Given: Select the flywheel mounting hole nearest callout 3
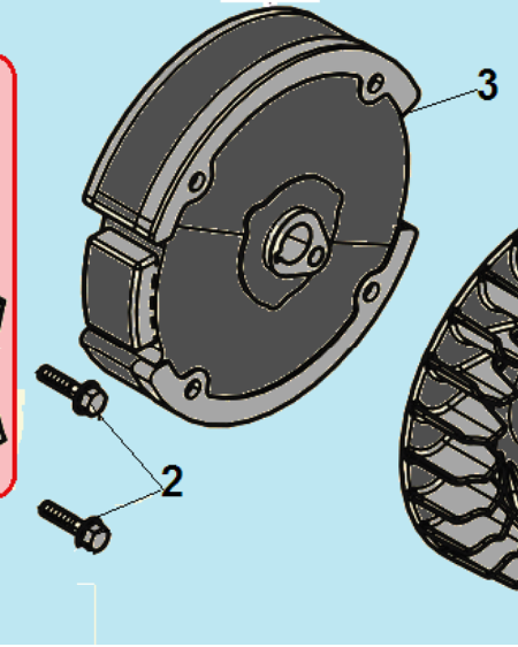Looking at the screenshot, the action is pyautogui.click(x=374, y=83).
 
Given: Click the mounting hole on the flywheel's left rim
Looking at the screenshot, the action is pyautogui.click(x=197, y=182).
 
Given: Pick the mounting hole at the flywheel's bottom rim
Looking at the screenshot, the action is pyautogui.click(x=192, y=388).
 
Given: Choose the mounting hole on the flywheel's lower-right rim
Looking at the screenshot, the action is pyautogui.click(x=371, y=290).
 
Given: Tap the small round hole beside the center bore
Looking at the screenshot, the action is pyautogui.click(x=317, y=257).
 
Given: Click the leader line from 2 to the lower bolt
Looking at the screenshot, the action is pyautogui.click(x=129, y=503).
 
